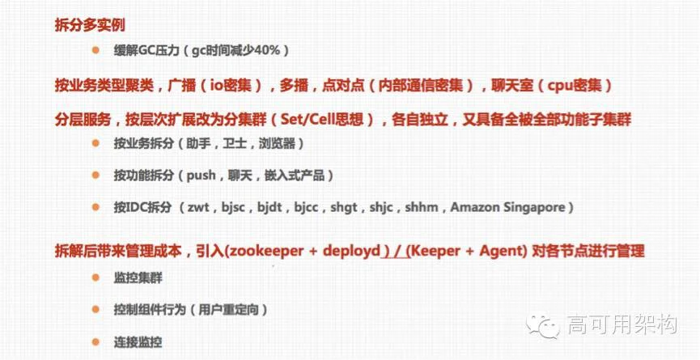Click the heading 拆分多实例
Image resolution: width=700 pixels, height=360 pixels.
coord(90,25)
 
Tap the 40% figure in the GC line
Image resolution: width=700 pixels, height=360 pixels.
coord(266,50)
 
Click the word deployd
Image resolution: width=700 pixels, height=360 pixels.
coord(352,252)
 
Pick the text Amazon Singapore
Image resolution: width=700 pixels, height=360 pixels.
coord(507,208)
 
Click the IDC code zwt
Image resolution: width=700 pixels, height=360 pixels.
coord(199,208)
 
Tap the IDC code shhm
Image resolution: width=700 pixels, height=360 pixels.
coord(421,208)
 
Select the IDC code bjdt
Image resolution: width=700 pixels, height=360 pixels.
coord(269,208)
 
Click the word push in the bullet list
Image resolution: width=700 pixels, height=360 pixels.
coord(202,176)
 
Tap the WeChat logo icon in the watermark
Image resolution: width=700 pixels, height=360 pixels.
coord(542,324)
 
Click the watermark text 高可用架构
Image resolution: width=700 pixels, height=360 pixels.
coord(622,324)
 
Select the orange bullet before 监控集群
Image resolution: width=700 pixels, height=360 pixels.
coord(95,277)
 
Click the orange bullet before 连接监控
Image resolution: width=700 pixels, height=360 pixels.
coord(95,341)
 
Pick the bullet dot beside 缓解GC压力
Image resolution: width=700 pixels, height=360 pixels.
coord(95,50)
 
